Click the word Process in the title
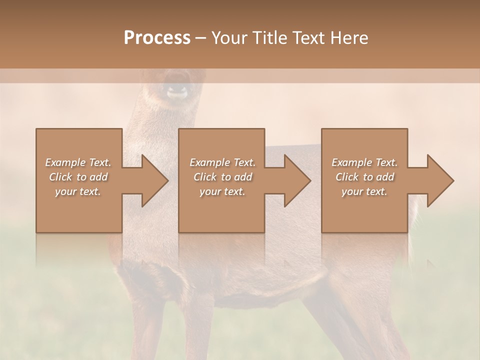[157, 38]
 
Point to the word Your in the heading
[229, 38]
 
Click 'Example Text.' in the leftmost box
[78, 162]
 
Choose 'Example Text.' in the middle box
[222, 162]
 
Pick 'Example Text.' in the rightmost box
[364, 162]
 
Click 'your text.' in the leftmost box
[78, 191]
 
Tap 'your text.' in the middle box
[222, 191]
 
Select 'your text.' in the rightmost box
[364, 191]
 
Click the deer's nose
[177, 92]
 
